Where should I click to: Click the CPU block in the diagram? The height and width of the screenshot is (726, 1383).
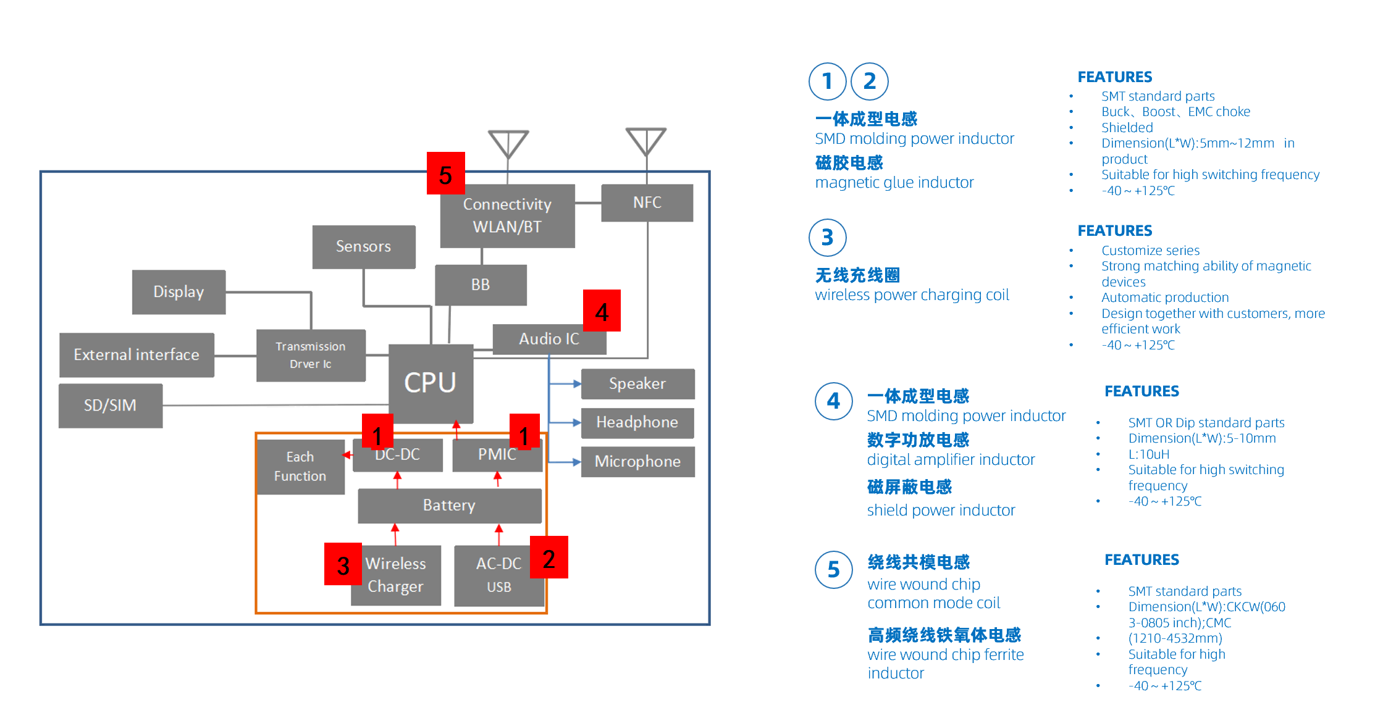click(x=431, y=383)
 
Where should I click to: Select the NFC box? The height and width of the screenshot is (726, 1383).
click(x=647, y=202)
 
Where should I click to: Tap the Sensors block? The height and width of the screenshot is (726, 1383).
click(x=363, y=246)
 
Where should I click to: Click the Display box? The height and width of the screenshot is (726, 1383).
click(x=179, y=291)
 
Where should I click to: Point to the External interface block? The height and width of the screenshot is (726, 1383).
click(x=137, y=354)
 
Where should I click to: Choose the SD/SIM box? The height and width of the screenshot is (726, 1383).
click(x=111, y=405)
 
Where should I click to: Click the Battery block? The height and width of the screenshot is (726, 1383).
click(x=449, y=505)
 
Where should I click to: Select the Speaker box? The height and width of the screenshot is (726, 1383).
click(x=637, y=383)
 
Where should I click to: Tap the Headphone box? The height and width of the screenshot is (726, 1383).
click(x=637, y=422)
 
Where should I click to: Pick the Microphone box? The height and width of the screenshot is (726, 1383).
click(x=637, y=461)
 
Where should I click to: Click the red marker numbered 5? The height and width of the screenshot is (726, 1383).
click(x=445, y=174)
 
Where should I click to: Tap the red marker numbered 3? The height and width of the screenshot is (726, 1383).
click(x=343, y=564)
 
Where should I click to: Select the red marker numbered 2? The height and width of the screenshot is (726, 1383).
click(x=549, y=557)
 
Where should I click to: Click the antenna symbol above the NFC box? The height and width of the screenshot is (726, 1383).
click(x=646, y=141)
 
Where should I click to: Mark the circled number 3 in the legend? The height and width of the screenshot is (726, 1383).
click(x=827, y=238)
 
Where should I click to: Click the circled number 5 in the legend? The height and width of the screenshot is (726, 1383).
click(x=833, y=569)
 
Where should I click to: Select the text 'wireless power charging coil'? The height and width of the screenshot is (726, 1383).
click(x=912, y=295)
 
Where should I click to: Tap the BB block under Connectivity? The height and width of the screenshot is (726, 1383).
click(x=481, y=285)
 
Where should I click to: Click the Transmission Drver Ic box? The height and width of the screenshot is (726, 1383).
click(x=311, y=355)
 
